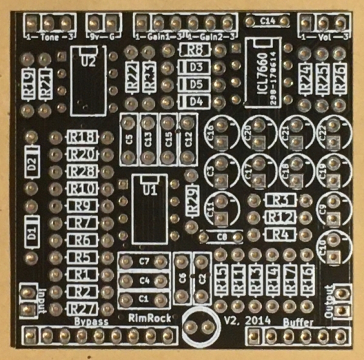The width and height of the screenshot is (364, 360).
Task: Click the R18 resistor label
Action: (84, 138)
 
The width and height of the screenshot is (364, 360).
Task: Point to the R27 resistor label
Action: (83, 308)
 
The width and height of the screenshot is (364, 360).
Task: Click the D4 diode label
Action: (195, 101)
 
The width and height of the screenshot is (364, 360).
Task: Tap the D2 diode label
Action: (32, 164)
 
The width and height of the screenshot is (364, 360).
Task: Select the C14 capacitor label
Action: (268, 21)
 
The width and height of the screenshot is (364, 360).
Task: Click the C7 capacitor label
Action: (144, 262)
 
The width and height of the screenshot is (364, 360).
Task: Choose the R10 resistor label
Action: (84, 189)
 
